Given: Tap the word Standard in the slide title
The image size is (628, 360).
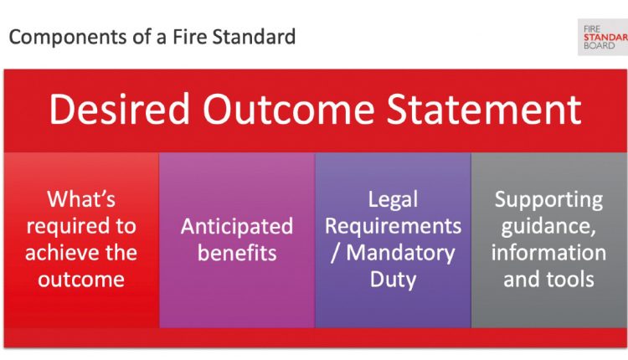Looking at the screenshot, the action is tap(254, 37).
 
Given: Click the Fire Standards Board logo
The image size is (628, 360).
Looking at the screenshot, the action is tap(603, 37).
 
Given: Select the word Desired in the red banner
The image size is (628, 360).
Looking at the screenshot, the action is tap(120, 109).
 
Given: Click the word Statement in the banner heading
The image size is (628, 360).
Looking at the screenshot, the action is tap(484, 109).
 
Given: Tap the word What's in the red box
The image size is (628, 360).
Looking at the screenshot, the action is tap(81, 199).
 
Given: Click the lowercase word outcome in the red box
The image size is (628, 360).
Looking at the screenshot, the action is tap(81, 280).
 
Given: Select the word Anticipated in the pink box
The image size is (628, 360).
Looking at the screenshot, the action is tap(237, 227).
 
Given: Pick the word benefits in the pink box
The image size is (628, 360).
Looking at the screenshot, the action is tap(237, 253).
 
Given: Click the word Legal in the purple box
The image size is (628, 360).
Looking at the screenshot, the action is tap(393, 200).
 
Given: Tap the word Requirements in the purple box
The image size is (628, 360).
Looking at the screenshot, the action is tap(393, 227).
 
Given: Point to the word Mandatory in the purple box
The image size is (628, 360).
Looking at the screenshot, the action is tap(400, 254).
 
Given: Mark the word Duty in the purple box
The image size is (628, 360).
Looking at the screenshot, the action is tap(393, 280).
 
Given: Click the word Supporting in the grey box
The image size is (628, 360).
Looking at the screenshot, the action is tap(548, 200).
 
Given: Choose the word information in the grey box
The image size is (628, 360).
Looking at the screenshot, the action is tap(548, 253).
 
